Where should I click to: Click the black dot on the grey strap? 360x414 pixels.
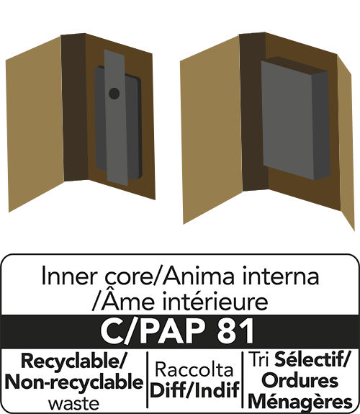pos(114,93)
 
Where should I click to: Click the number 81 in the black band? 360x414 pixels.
pos(235,331)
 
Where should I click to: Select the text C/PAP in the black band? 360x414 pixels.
pos(153,331)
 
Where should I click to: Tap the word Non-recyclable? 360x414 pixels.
pos(74,382)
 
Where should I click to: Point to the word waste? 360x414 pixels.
pos(74,404)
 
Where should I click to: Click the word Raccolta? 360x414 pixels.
pos(194,369)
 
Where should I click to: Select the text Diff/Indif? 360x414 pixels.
pos(195,390)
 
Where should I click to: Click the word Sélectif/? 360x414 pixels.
pos(312,359)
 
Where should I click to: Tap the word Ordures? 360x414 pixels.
pos(300,380)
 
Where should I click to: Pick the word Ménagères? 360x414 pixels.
pos(300,401)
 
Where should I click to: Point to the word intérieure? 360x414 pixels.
pos(215,302)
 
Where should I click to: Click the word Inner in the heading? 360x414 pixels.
pos(68,276)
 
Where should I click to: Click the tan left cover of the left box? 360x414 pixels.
pos(35,124)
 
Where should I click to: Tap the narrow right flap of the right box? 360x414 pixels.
pos(346,143)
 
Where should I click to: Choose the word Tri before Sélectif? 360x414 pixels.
pos(259,359)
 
